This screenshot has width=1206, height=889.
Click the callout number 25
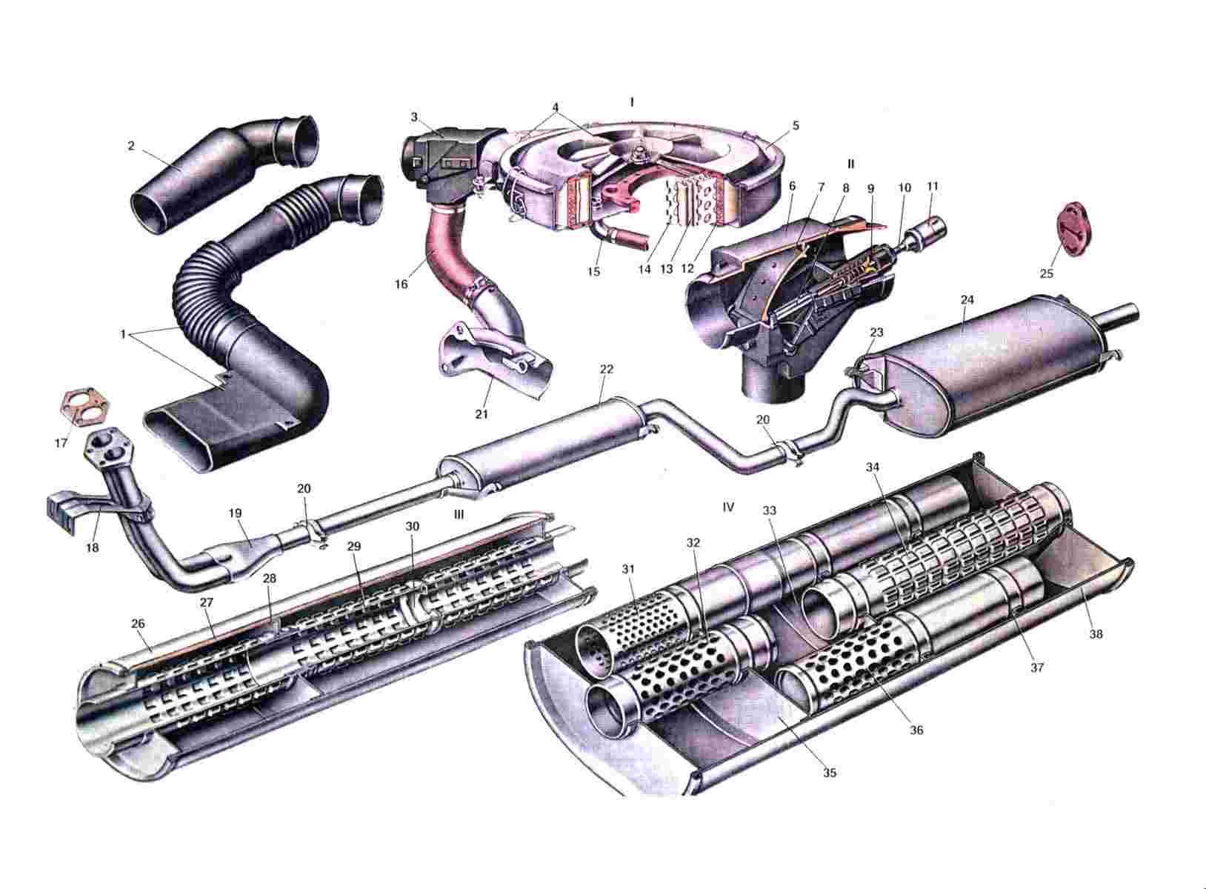1046,273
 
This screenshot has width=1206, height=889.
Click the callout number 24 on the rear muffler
967,301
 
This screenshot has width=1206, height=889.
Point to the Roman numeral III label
459,515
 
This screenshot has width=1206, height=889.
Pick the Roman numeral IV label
727,507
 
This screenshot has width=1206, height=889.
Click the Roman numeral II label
850,162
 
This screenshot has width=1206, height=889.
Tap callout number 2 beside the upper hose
131,146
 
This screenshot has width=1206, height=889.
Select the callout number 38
1096,634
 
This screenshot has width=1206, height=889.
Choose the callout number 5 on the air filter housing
796,126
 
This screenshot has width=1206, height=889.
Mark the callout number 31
629,569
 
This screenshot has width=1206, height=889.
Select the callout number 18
92,548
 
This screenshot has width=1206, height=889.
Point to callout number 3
414,116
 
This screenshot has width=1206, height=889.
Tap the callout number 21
482,414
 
